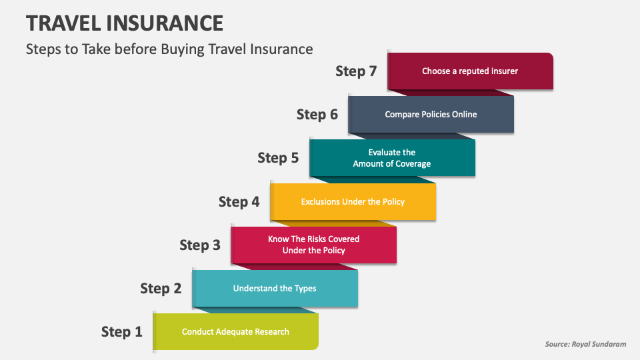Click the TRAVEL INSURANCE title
point(125,23)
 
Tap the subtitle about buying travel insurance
point(169,49)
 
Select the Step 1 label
point(121,331)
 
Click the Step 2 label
point(161,288)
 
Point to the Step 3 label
point(199,245)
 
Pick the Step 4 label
point(239,201)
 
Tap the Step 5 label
point(278,157)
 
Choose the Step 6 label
point(317,114)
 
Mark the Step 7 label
point(356,71)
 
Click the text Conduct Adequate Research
point(235,331)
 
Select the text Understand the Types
point(275,288)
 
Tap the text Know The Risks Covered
point(313,239)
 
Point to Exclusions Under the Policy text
point(353,201)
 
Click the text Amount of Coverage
point(392,164)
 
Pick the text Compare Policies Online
point(431,114)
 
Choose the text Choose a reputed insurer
point(470,71)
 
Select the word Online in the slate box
point(465,114)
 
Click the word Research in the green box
point(271,331)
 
